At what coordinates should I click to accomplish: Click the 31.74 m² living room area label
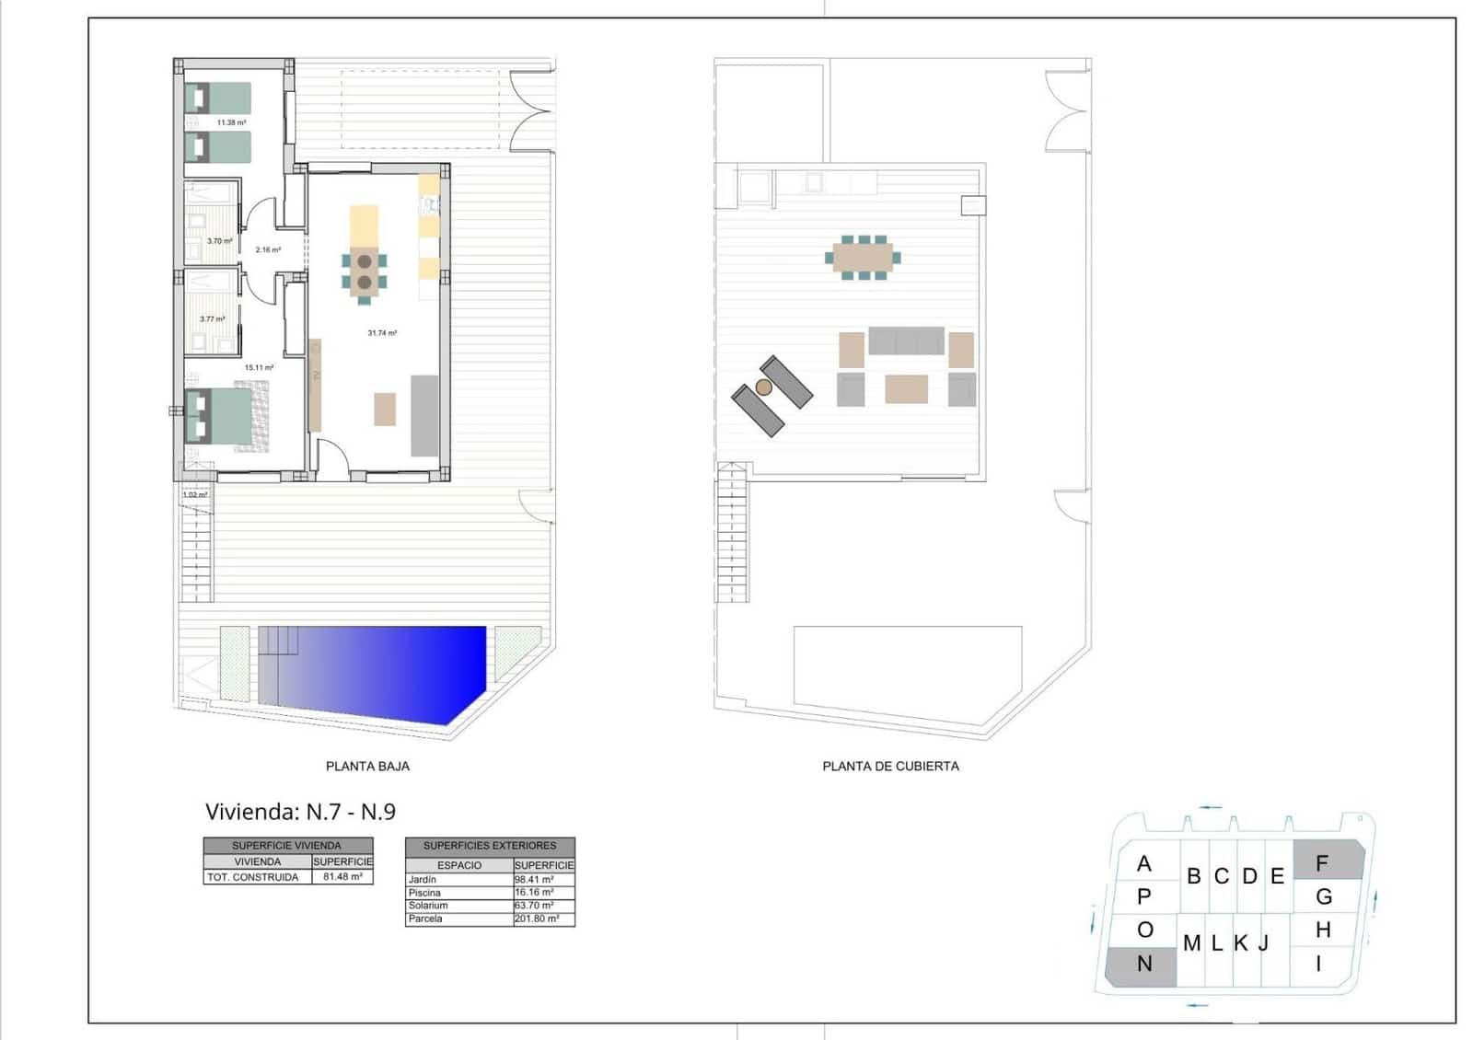382,333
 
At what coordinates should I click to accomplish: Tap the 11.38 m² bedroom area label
231,122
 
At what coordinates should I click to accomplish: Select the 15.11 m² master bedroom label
259,367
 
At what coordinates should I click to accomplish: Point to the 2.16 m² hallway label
268,249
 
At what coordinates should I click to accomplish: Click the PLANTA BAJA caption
367,766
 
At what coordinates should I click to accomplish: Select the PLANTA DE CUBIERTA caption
890,766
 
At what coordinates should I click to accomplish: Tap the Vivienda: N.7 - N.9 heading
300,812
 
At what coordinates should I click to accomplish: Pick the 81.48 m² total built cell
342,877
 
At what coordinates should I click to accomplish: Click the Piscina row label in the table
425,893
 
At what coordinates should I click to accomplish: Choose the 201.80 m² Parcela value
537,919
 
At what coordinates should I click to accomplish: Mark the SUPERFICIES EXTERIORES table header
490,845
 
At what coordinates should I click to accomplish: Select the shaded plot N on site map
1142,965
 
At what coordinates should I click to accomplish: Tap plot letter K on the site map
1240,942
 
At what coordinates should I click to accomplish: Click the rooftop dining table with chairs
863,257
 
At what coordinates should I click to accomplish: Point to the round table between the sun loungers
764,387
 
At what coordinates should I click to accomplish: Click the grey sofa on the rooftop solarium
906,340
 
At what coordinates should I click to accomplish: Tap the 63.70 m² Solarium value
535,906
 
